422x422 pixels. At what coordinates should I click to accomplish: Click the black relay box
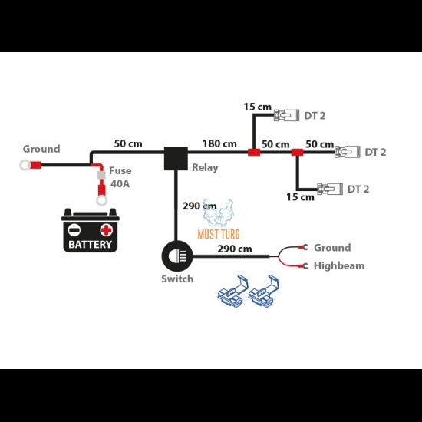[176, 159]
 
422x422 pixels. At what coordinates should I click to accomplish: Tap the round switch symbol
[176, 256]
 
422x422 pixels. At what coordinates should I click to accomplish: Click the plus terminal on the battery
[107, 230]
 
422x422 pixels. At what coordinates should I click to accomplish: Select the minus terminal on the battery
[74, 230]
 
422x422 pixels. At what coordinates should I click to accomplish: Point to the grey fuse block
[101, 175]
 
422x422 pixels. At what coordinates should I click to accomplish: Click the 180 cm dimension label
[219, 143]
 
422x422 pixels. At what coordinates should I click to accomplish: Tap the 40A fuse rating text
[120, 184]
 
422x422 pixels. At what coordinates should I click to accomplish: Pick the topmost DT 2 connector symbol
[286, 115]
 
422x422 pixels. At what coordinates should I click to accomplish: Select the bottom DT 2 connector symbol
[330, 189]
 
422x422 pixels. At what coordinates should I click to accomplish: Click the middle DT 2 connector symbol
[347, 152]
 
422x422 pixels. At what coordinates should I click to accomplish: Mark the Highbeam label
[339, 266]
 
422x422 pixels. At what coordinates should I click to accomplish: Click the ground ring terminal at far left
[25, 165]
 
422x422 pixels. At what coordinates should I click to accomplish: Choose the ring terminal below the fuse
[102, 200]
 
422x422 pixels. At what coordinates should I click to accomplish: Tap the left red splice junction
[254, 153]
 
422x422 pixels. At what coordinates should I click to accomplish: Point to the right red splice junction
[297, 153]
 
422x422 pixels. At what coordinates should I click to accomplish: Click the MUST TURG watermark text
[219, 234]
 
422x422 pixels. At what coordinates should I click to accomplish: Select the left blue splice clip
[232, 292]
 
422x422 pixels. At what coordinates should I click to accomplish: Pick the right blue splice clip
[263, 292]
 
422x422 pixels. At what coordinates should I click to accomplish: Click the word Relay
[205, 168]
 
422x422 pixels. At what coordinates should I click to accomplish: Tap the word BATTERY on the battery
[91, 244]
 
